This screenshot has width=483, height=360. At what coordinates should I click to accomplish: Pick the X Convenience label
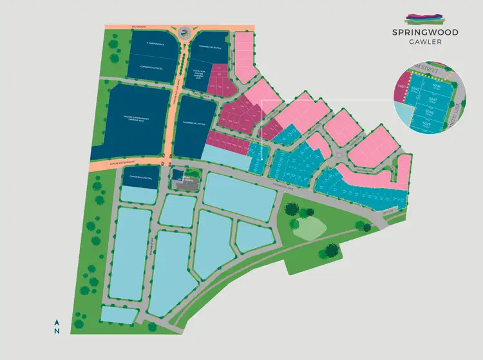click(147, 44)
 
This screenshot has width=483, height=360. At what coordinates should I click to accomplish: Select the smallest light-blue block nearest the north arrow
click(119, 315)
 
